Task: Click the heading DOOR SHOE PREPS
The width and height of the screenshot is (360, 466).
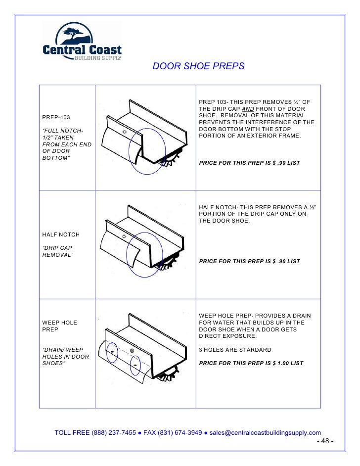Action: (198, 66)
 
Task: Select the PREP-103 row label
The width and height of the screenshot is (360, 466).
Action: (56, 117)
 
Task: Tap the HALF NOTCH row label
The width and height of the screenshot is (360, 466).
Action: (61, 234)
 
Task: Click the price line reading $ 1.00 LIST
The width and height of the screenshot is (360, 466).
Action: (251, 363)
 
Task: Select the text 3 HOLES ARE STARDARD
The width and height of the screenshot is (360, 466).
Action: (234, 350)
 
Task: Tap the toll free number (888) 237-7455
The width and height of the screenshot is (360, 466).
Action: (114, 432)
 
